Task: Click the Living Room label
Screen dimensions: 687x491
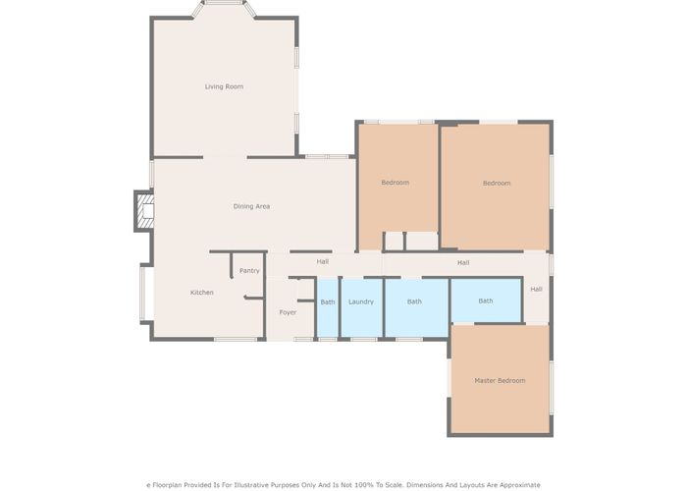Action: coord(224,86)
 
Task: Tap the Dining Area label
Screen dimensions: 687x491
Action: coord(251,206)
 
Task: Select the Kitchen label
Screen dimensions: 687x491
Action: coord(202,293)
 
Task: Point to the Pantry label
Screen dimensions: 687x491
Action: coord(249,271)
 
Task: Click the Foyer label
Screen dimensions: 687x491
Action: coord(288,312)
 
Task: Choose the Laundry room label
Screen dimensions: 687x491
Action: coord(361,302)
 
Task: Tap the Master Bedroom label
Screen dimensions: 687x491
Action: coord(500,381)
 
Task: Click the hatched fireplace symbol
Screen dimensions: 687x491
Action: coord(145,211)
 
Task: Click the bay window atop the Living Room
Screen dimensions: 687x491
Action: coord(224,3)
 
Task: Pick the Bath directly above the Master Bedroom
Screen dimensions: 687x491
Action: coord(486,301)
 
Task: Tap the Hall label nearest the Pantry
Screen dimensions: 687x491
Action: coord(323,262)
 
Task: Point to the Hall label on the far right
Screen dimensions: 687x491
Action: coord(536,290)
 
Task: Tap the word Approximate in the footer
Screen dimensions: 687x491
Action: coord(518,485)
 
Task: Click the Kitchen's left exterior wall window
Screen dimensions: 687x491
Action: coord(142,294)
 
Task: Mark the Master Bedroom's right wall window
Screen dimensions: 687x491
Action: coord(552,388)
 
